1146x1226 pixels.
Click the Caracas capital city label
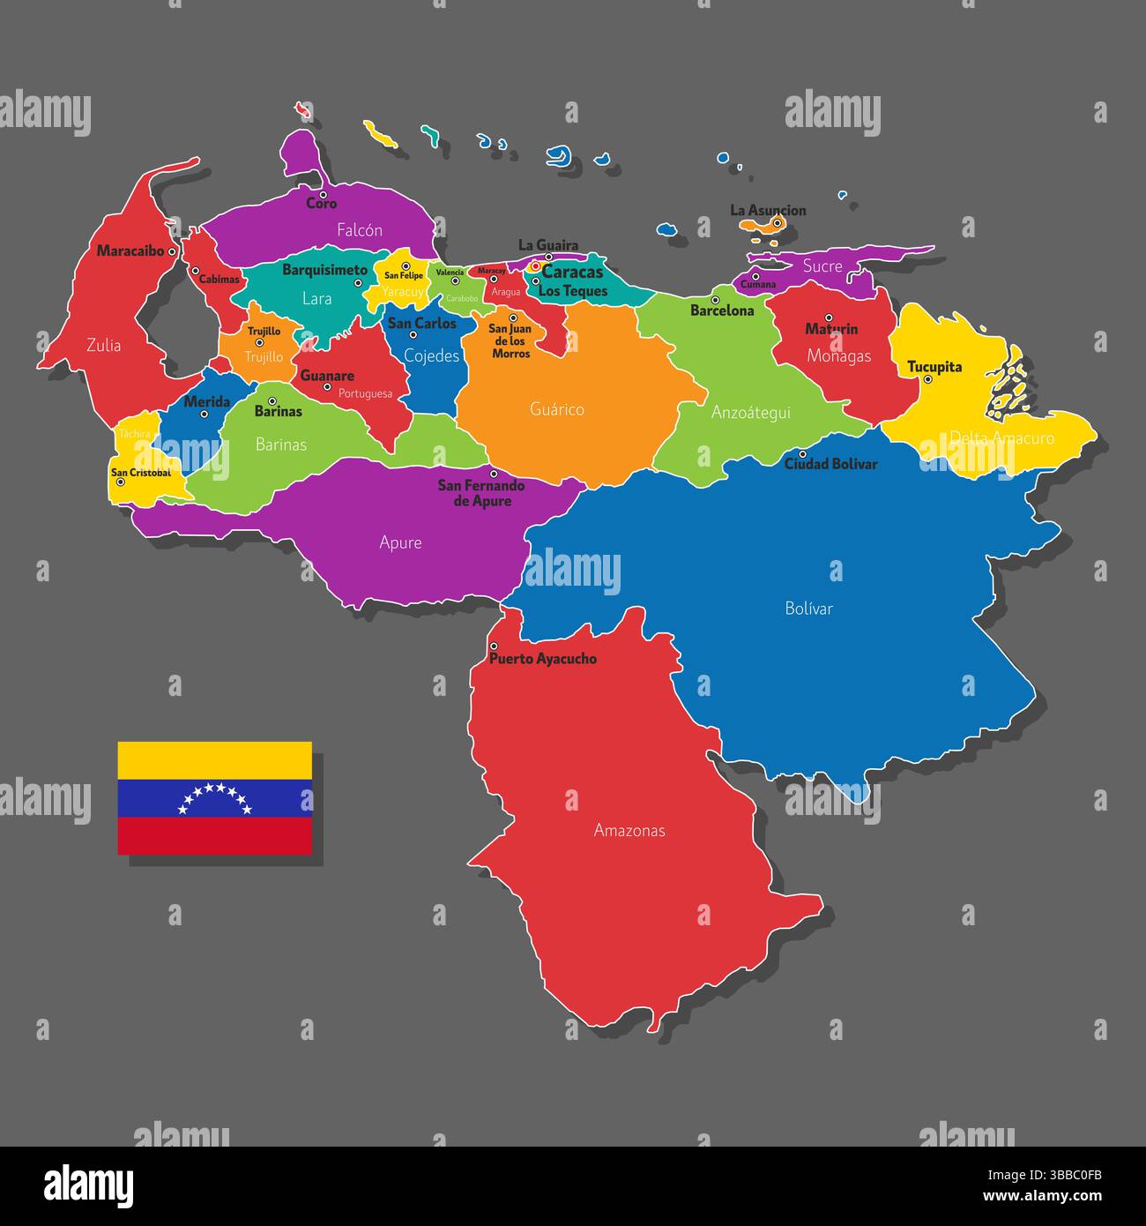(x=572, y=273)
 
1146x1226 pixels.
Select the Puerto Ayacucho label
(x=543, y=659)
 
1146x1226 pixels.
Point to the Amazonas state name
(x=629, y=830)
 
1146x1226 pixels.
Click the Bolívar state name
(x=808, y=608)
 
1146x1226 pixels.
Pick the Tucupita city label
(x=934, y=367)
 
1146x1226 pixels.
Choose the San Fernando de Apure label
(x=481, y=493)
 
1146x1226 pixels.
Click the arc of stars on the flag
(x=214, y=797)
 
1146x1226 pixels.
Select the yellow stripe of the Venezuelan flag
(x=214, y=760)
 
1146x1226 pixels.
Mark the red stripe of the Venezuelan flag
(x=214, y=835)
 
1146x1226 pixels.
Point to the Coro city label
(x=321, y=204)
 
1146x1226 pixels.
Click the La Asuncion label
(x=768, y=210)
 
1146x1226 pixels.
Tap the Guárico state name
(x=557, y=409)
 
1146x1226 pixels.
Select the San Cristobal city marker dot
(x=121, y=482)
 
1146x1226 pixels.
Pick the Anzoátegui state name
(x=751, y=412)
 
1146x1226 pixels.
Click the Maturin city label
(x=831, y=329)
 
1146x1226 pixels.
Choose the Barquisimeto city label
(x=324, y=270)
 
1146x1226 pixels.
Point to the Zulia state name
(x=104, y=345)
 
